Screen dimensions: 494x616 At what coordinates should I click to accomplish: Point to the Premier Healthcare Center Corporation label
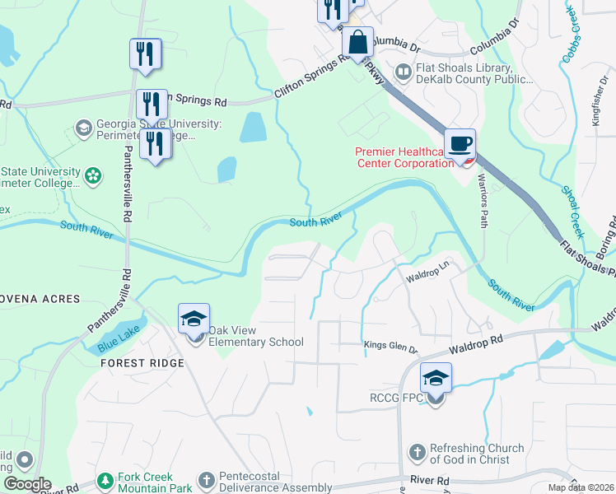(x=404, y=156)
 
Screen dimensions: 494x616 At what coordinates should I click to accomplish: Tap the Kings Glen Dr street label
(x=391, y=348)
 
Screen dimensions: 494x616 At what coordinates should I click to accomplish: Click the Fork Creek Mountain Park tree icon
(x=105, y=479)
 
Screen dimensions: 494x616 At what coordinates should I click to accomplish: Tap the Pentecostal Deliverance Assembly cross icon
(x=206, y=479)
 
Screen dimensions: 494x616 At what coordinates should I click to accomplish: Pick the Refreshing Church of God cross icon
(x=418, y=452)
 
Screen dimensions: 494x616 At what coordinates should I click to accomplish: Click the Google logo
(x=27, y=484)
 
